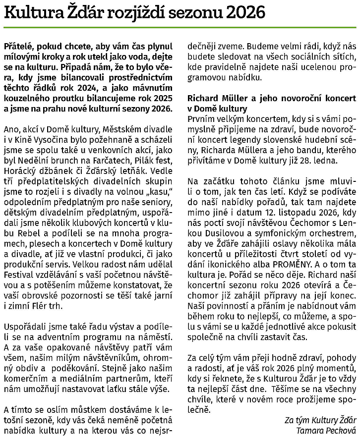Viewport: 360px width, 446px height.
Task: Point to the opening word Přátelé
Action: pos(18,45)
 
